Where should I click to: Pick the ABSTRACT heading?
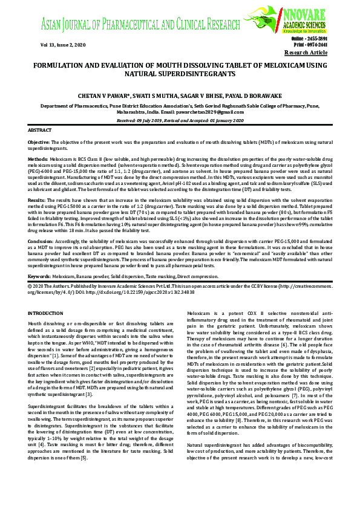[x=40, y=131]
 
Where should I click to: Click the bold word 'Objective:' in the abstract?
[x=39, y=141]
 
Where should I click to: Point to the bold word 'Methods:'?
[x=38, y=158]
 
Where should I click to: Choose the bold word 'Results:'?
[x=37, y=198]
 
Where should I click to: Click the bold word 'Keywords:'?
[x=39, y=276]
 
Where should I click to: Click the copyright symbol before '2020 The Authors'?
[x=31, y=284]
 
